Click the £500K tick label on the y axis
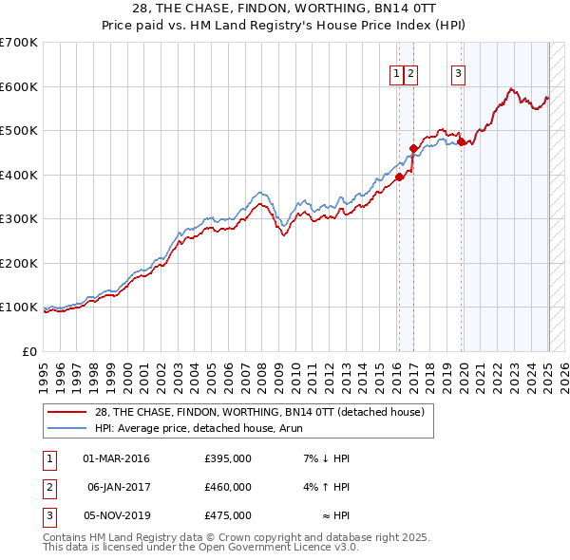19,131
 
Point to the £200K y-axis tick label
19,263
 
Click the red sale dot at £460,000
413,148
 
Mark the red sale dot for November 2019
461,142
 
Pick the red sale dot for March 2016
400,177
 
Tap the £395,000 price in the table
228,458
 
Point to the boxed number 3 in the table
48,515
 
